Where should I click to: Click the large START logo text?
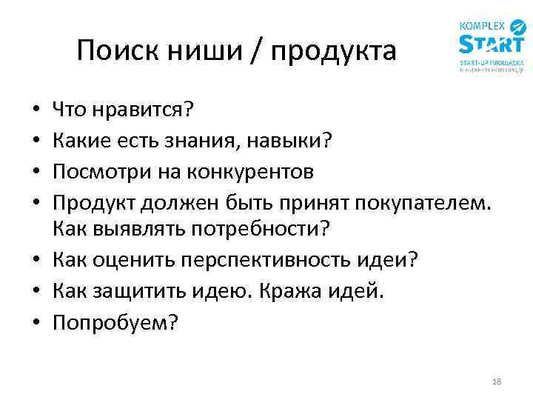[x=489, y=43]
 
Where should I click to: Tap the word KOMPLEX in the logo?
[x=482, y=24]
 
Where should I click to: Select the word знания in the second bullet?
[x=206, y=141]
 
